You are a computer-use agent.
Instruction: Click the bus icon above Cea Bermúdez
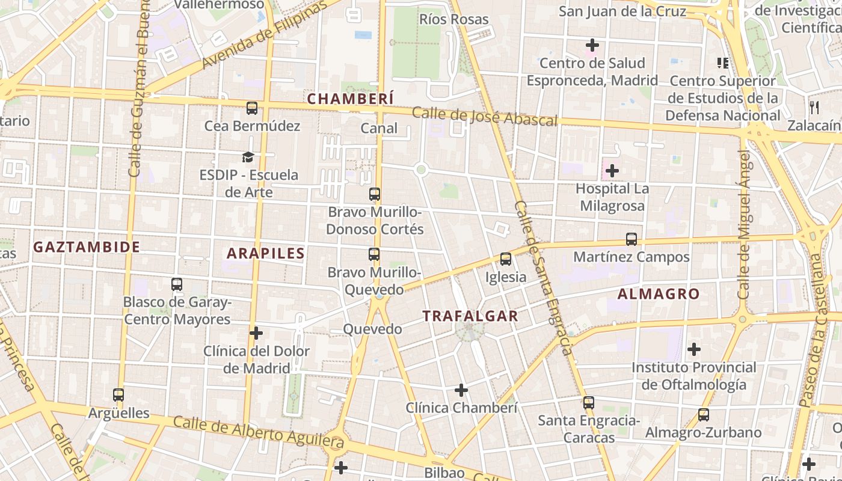coord(252,108)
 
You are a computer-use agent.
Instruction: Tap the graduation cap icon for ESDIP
coord(248,158)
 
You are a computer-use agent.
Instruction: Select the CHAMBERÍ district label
coord(351,99)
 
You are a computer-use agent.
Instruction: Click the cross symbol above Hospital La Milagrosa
coord(612,171)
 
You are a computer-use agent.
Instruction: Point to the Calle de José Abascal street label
coord(485,116)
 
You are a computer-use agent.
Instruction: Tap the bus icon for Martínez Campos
coord(631,239)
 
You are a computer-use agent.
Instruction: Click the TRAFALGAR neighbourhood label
coord(470,316)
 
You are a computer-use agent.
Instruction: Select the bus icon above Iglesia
coord(506,259)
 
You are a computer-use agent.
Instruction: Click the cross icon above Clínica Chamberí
coord(461,390)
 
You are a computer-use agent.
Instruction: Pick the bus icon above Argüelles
coord(118,395)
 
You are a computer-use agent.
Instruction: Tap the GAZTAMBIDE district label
coord(87,247)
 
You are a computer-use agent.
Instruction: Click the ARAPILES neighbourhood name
coord(265,253)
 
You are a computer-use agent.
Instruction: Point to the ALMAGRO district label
coord(659,294)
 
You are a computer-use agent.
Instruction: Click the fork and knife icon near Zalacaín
coord(814,108)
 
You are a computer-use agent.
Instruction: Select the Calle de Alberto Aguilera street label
coord(259,433)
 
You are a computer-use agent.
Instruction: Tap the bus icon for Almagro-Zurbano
coord(703,415)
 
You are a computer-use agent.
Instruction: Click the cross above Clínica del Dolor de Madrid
coord(256,333)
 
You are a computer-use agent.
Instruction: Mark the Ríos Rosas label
coord(453,19)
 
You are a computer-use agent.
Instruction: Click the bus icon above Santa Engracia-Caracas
coord(588,403)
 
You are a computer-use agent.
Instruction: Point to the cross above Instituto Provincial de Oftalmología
coord(694,349)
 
